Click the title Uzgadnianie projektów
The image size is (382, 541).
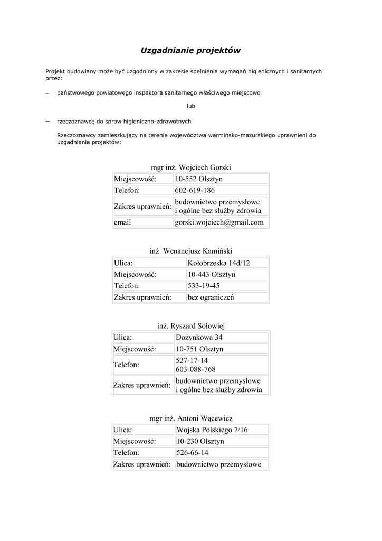click(x=190, y=51)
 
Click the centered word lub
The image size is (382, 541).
click(x=190, y=106)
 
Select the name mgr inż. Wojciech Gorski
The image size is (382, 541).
click(x=191, y=167)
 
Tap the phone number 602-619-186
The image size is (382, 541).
click(x=195, y=190)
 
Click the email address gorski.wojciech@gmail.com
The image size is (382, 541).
click(x=219, y=222)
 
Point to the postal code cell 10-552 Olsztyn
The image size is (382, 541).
click(x=199, y=179)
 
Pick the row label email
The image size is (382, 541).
click(x=122, y=222)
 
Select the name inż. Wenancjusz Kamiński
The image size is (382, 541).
click(x=191, y=251)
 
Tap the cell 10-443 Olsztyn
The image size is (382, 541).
click(x=212, y=274)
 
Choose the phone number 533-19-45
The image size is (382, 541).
click(x=204, y=286)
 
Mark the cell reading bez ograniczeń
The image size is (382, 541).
click(x=211, y=297)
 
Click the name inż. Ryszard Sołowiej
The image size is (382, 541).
click(x=191, y=326)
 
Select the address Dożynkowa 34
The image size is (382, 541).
click(x=199, y=338)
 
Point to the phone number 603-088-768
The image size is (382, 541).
click(x=195, y=369)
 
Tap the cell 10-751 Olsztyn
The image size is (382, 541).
click(x=199, y=349)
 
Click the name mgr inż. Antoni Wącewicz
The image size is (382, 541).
click(x=191, y=418)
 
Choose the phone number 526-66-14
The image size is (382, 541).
click(x=192, y=453)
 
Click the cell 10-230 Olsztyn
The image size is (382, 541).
click(x=200, y=441)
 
